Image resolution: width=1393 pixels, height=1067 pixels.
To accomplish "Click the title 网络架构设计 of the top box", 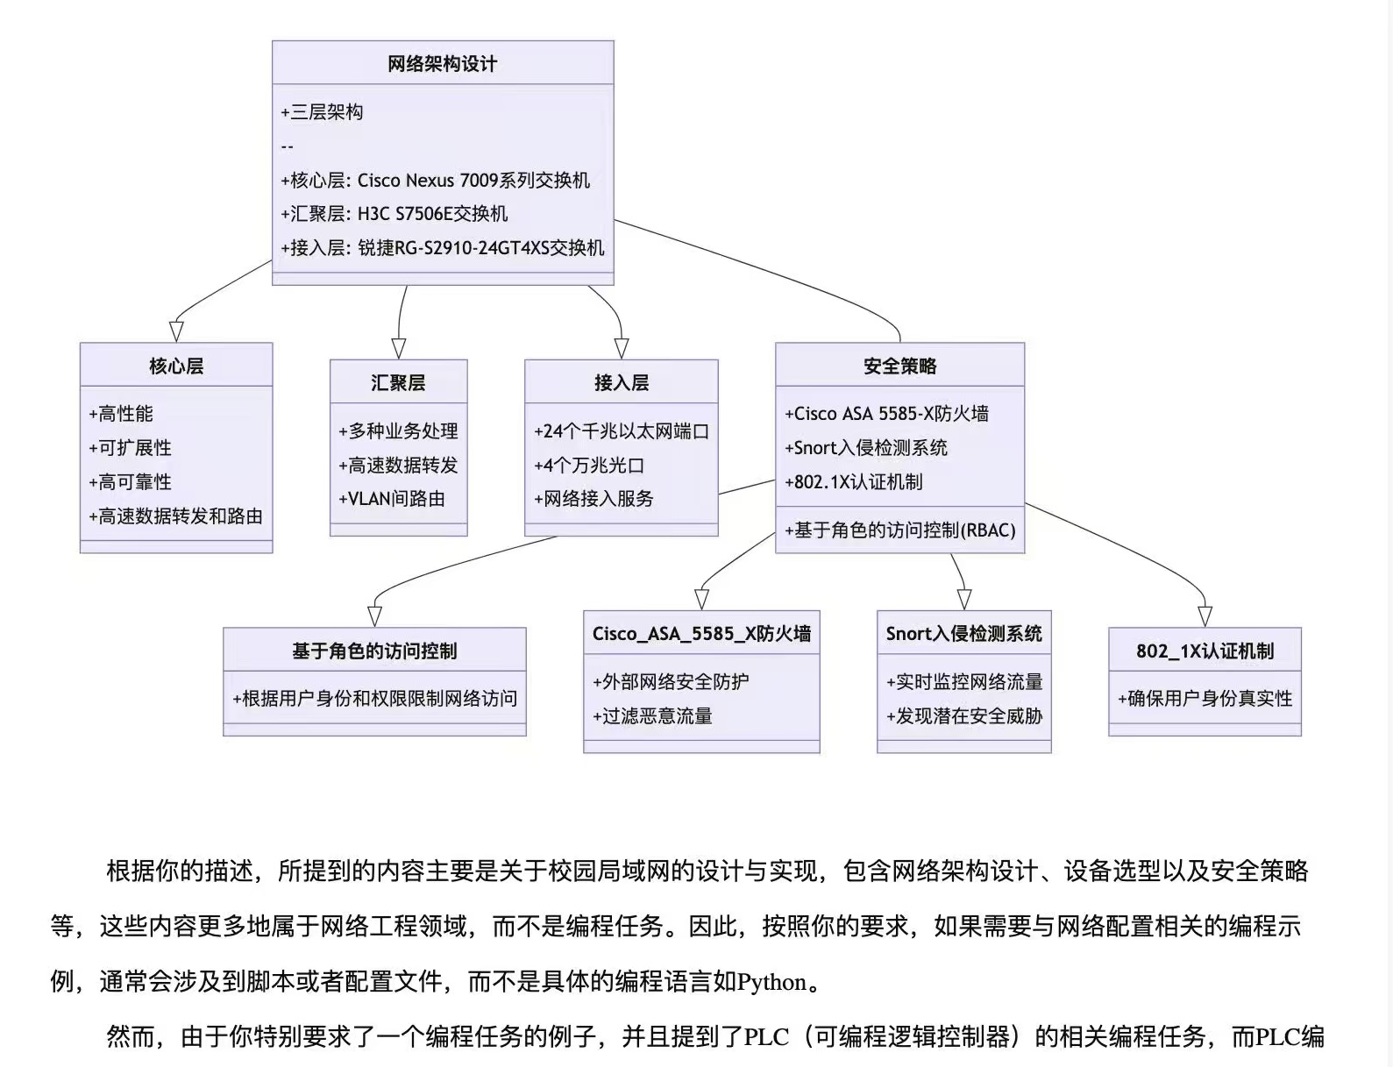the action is coord(443,64).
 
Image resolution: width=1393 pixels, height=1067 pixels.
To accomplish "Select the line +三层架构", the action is coord(322,113).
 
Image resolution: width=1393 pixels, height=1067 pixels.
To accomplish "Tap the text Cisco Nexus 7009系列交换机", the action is coord(473,181).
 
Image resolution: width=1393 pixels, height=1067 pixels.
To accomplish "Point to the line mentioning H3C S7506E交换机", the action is coord(394,214).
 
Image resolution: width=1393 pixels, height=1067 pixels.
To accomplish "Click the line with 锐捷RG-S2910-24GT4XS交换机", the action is coord(443,248).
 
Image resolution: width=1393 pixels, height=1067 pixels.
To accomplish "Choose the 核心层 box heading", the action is coord(176,366).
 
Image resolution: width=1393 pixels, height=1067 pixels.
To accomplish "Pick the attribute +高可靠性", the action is coord(130,482).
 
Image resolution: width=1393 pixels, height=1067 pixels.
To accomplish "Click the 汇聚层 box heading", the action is coord(398,383).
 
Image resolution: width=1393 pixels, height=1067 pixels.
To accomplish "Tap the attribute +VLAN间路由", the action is coord(392,499).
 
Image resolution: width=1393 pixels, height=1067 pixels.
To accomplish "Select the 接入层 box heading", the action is coord(622,383).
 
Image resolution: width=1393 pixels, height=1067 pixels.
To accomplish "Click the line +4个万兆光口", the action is coord(589,466).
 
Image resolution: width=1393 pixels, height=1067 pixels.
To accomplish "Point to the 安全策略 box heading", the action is coord(900,366).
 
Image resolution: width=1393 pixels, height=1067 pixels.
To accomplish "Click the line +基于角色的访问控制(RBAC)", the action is coord(900,530).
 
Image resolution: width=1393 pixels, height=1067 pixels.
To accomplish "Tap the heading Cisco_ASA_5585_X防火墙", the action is coord(701,634).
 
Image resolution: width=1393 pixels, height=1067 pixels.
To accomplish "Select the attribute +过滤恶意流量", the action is coord(652,715).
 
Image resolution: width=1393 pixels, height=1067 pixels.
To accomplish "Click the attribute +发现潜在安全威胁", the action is coord(964,715).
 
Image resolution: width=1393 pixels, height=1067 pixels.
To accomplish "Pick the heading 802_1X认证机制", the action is coord(1205,651).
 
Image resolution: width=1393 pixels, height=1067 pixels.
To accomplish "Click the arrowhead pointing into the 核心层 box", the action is coord(176,332).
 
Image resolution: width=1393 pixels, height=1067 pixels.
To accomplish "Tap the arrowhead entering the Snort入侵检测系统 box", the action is coord(964,600).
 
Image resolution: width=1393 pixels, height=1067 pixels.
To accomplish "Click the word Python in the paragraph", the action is coord(771,983).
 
